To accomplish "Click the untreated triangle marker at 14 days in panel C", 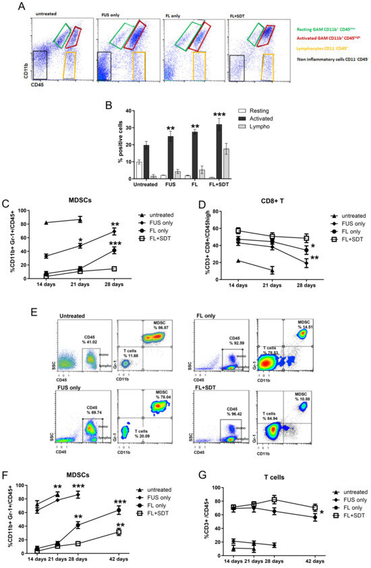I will [46, 223].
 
